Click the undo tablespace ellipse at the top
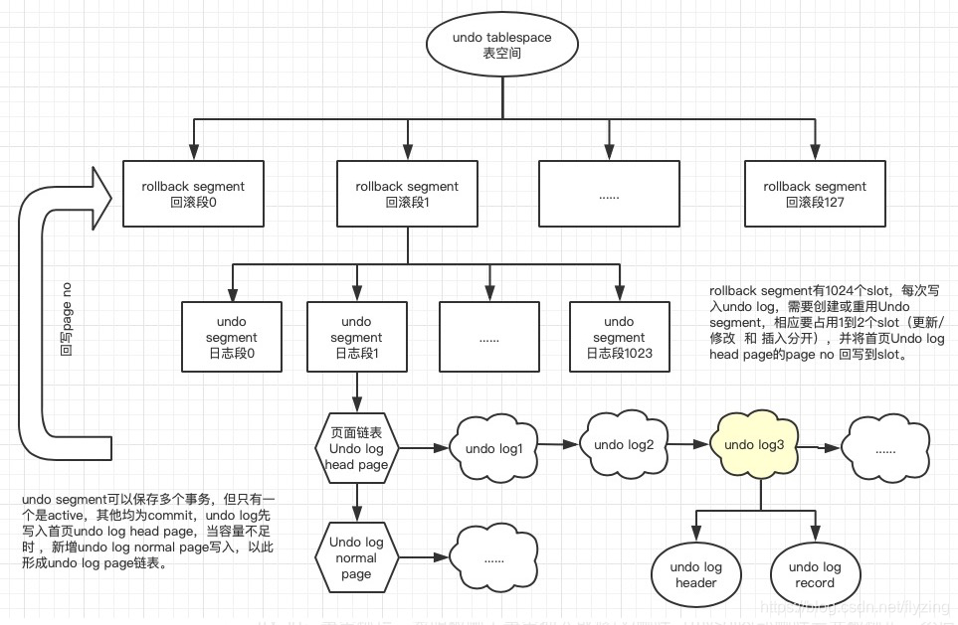(501, 46)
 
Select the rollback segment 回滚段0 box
(193, 194)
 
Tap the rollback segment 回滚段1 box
(407, 194)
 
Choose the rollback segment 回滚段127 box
(815, 194)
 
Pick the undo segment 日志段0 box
(231, 337)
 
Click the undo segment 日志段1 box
(355, 337)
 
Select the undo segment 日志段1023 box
(618, 337)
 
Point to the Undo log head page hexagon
(355, 448)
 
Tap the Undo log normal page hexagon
(355, 556)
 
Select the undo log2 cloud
(624, 444)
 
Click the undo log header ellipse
(695, 574)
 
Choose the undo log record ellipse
(816, 574)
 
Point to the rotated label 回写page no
(67, 318)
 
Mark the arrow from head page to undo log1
(424, 448)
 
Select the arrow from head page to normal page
(355, 501)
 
